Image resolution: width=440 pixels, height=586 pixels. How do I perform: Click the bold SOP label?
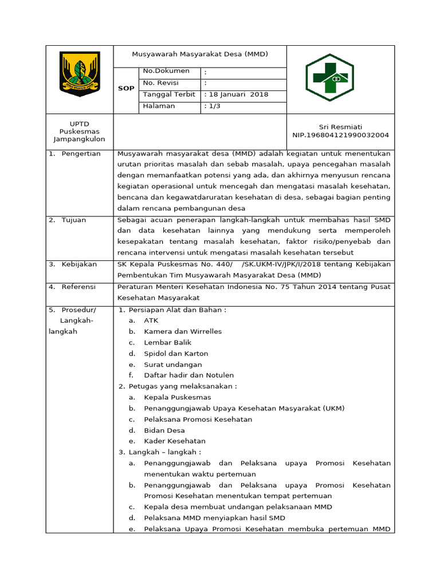coord(126,89)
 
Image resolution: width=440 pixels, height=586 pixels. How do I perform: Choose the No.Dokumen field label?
coord(166,71)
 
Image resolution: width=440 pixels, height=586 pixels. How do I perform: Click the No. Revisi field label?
coord(161,83)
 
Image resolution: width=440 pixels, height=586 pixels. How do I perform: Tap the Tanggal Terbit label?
coord(168,94)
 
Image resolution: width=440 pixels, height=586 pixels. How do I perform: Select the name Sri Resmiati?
coord(340,126)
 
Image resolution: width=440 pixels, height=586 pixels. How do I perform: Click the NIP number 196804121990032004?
coord(340,135)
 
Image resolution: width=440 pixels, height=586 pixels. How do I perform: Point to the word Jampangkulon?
coord(80,139)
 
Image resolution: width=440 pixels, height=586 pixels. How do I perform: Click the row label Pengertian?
coord(81,153)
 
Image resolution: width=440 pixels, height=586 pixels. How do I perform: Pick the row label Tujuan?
coord(73,220)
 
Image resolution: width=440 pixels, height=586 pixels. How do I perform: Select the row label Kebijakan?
coord(79,264)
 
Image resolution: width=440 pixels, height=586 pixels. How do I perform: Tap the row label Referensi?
coord(78,287)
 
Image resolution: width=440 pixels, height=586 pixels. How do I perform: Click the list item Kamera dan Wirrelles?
coord(183,331)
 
